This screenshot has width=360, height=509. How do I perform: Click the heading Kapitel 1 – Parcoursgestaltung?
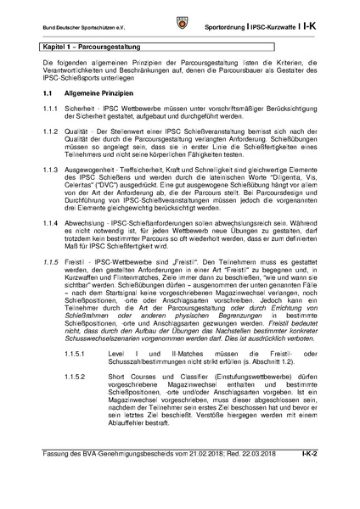pos(91,47)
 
